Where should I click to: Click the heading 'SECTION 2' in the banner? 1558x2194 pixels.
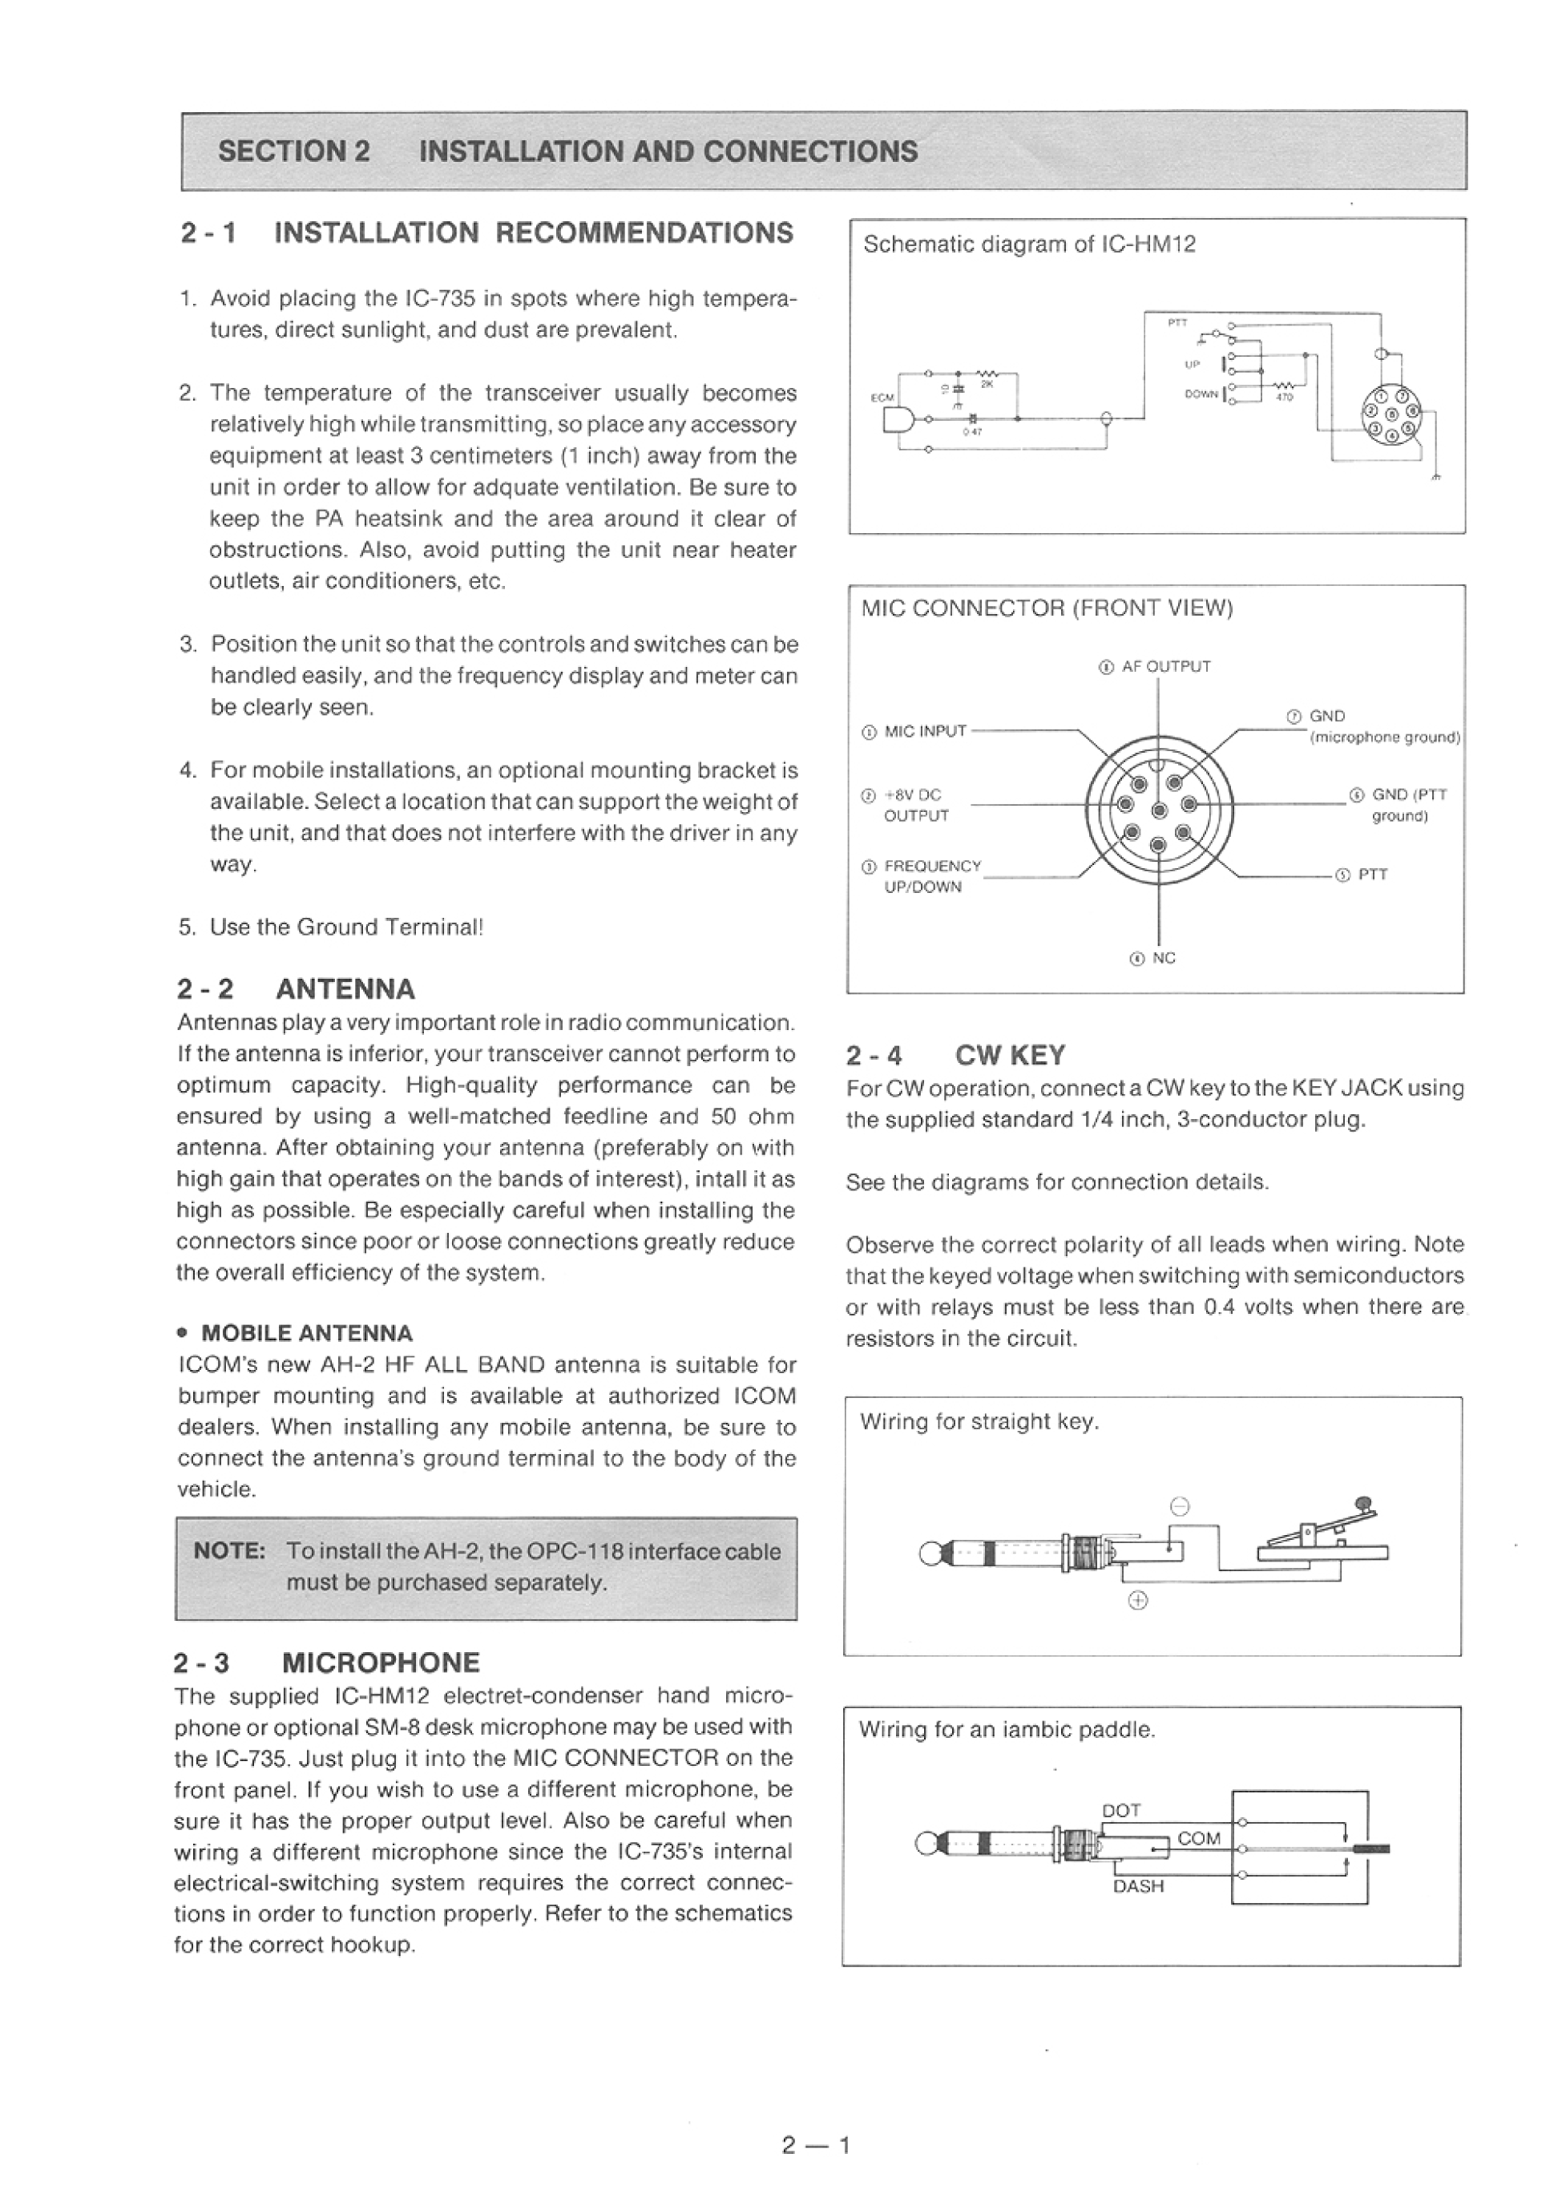(x=293, y=152)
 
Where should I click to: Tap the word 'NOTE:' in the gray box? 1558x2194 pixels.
(x=229, y=1551)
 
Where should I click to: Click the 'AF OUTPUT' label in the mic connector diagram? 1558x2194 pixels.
(x=1164, y=666)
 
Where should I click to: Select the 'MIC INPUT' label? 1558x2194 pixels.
(x=924, y=731)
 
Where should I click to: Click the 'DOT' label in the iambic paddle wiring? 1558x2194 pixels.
(x=1121, y=1809)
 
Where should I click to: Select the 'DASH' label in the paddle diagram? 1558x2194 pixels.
(x=1138, y=1886)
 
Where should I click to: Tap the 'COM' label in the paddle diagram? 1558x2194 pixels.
(x=1198, y=1838)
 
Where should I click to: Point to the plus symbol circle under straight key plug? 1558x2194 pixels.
(x=1138, y=1599)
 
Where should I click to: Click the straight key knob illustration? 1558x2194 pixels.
(x=1363, y=1503)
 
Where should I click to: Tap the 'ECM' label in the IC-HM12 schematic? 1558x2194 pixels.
(x=881, y=397)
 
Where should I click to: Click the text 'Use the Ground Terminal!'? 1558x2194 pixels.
(x=346, y=927)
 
